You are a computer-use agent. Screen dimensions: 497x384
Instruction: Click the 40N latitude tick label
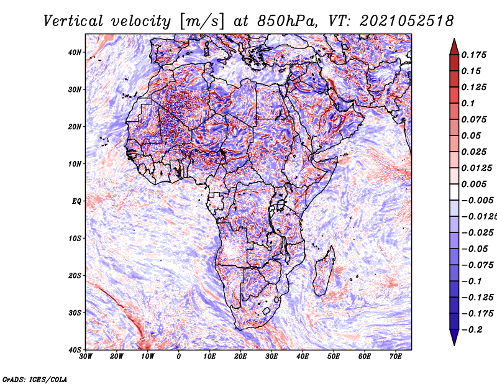coord(75,52)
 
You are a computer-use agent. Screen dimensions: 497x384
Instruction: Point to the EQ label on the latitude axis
coord(76,201)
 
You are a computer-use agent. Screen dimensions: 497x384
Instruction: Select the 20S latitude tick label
coord(75,275)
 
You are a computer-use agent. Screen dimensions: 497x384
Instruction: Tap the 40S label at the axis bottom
coord(75,350)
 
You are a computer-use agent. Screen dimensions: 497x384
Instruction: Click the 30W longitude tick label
coord(86,357)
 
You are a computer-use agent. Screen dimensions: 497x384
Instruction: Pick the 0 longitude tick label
coord(179,357)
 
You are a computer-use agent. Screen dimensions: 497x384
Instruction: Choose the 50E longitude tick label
coord(334,357)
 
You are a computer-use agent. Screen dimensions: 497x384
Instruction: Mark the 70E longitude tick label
coord(395,357)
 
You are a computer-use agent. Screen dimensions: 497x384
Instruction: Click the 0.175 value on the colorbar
coord(473,55)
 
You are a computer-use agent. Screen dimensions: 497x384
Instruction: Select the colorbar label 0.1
coord(468,103)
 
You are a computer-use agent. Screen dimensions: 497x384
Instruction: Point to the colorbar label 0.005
coord(473,184)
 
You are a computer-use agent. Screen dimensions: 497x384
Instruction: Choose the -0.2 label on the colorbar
coord(472,329)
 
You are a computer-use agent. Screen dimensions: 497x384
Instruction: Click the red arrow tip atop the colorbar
coord(454,39)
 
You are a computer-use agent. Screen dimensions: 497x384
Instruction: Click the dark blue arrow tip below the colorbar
coord(454,345)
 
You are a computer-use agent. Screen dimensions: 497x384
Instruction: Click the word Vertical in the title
coord(73,21)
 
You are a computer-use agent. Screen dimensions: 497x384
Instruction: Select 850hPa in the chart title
coord(287,21)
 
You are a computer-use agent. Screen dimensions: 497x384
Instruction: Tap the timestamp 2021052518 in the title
coord(406,21)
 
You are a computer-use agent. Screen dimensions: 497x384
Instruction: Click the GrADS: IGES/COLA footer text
coord(35,379)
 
